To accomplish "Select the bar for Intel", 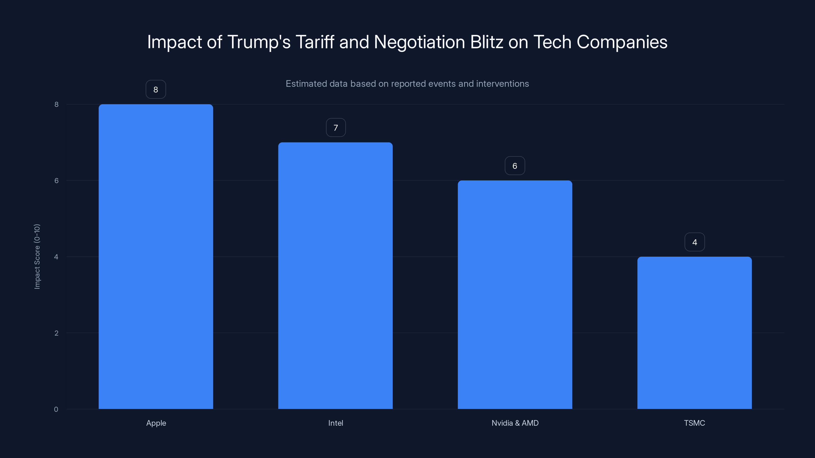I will [x=335, y=275].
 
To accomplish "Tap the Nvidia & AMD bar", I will [x=515, y=294].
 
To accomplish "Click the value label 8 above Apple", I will [x=156, y=90].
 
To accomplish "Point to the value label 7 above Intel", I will [x=336, y=128].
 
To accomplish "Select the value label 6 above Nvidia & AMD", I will [x=515, y=166].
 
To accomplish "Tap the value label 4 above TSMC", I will [x=695, y=242].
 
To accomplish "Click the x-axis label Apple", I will [x=156, y=423].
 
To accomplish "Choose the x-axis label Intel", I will [x=335, y=423].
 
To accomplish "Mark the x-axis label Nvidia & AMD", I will [x=515, y=423].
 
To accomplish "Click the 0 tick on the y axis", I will [x=56, y=409].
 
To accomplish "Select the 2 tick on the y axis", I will [x=56, y=333].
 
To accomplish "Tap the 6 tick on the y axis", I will [x=56, y=180].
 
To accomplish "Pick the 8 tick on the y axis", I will [x=56, y=104].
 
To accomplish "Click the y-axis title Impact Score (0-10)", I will [x=37, y=256].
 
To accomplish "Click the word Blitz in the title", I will [x=487, y=42].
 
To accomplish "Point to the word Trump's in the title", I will [x=259, y=42].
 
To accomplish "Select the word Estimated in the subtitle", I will [x=306, y=84].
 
